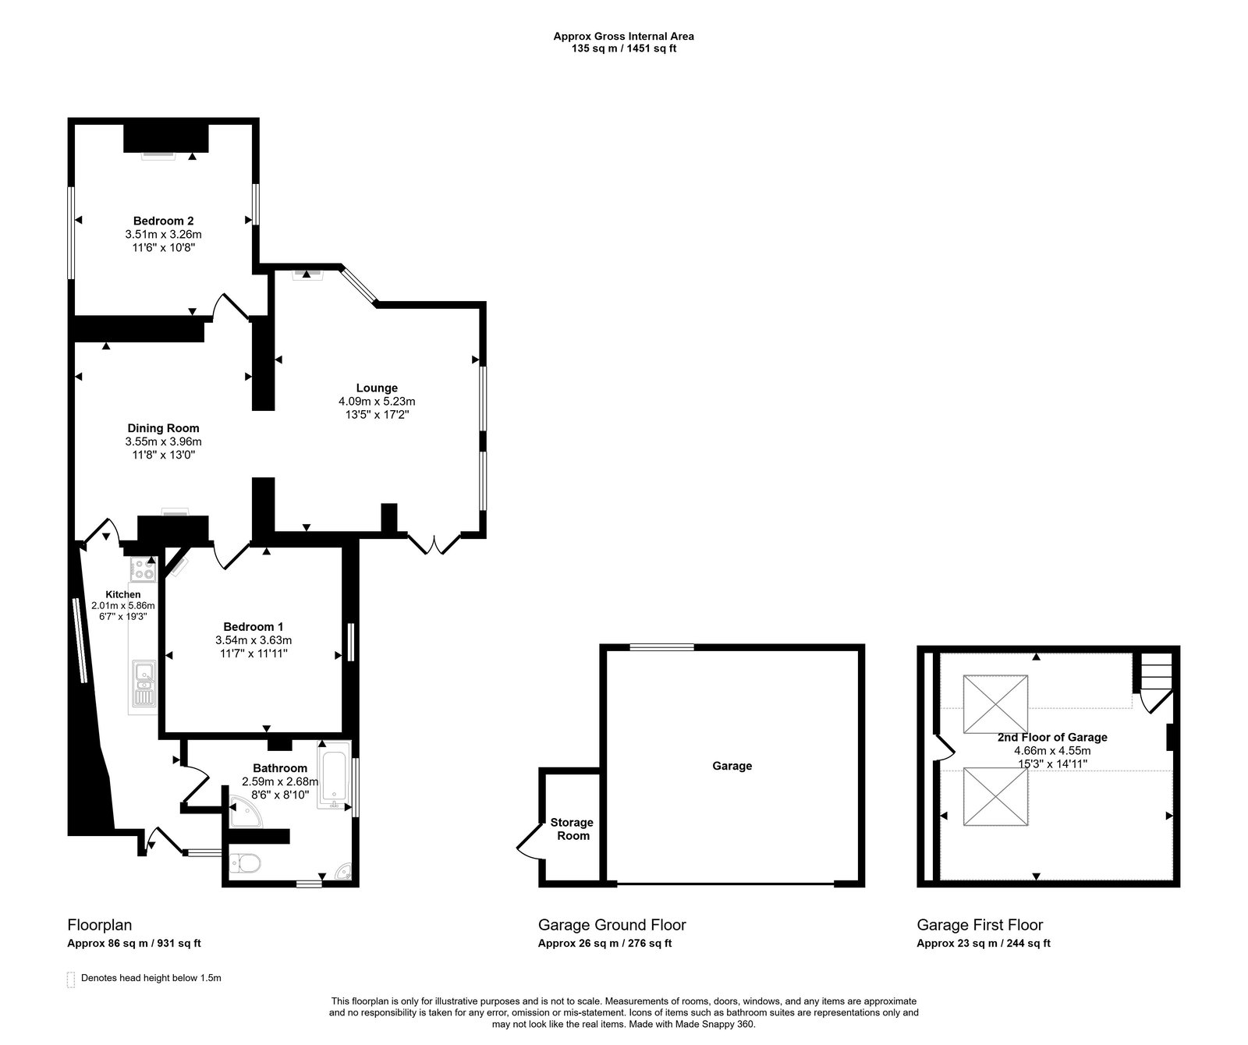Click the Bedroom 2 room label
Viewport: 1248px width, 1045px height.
[x=163, y=221]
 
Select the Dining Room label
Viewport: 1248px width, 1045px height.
[x=163, y=428]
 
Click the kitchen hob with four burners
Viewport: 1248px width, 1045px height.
[x=144, y=569]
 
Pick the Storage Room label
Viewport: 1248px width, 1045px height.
[x=572, y=829]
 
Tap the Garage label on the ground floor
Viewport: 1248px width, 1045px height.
[x=732, y=766]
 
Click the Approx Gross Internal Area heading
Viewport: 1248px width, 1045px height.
[x=623, y=36]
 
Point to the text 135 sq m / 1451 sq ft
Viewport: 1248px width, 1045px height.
[x=623, y=48]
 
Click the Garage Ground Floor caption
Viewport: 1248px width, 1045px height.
[x=612, y=925]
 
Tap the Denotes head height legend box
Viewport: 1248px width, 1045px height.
[x=72, y=979]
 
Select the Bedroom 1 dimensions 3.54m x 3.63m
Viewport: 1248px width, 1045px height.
[x=253, y=640]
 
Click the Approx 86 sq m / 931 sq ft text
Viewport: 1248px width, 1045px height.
[x=134, y=943]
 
